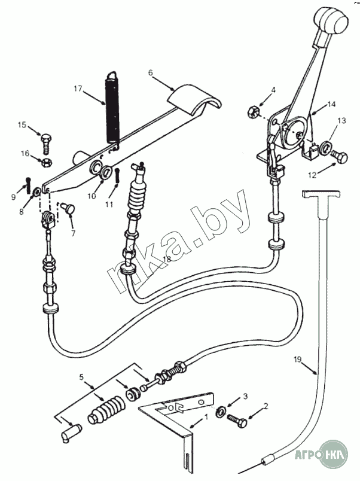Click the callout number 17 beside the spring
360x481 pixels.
coord(78,88)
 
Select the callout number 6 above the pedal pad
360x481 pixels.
coord(150,72)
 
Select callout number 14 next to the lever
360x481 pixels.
coord(331,105)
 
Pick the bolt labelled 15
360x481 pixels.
coord(47,142)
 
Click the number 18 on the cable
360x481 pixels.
coord(166,258)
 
